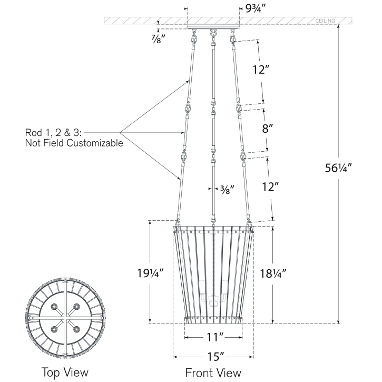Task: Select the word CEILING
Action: pyautogui.click(x=325, y=21)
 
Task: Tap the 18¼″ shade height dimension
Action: pyautogui.click(x=273, y=273)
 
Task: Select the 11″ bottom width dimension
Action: pyautogui.click(x=213, y=336)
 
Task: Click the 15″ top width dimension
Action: pyautogui.click(x=213, y=357)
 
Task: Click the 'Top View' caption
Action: pyautogui.click(x=65, y=373)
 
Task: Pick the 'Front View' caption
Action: pyautogui.click(x=213, y=373)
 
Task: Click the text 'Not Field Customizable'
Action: pyautogui.click(x=74, y=143)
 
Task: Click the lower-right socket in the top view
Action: pyautogui.click(x=76, y=329)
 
